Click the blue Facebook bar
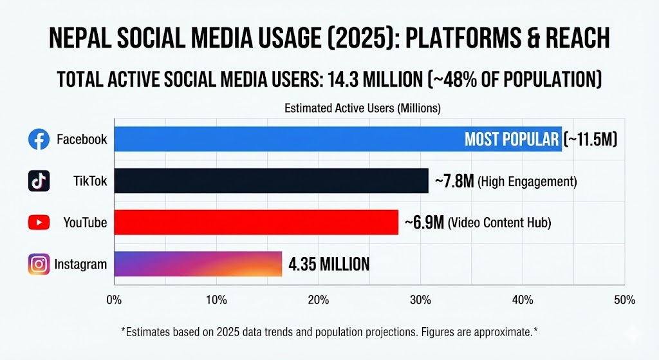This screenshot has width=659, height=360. click(x=290, y=139)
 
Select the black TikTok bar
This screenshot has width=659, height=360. click(x=271, y=181)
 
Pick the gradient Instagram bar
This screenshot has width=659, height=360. click(x=198, y=264)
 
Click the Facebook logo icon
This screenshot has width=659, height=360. click(x=39, y=139)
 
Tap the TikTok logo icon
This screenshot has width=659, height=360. click(x=39, y=181)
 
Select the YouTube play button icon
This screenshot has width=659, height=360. click(x=39, y=223)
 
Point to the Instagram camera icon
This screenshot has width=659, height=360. click(x=39, y=264)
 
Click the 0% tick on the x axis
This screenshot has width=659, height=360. click(x=114, y=300)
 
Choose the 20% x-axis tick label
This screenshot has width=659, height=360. click(x=319, y=300)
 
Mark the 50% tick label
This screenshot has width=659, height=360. click(x=624, y=300)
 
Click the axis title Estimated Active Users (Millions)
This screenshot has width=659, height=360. click(x=362, y=109)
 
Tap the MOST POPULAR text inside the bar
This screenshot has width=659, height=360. click(x=512, y=140)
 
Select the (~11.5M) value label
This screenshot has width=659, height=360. click(x=590, y=140)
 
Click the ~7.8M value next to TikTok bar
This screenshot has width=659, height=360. click(x=454, y=182)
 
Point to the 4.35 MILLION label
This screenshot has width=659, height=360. click(x=329, y=264)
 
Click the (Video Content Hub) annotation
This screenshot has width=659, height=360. click(x=500, y=223)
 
